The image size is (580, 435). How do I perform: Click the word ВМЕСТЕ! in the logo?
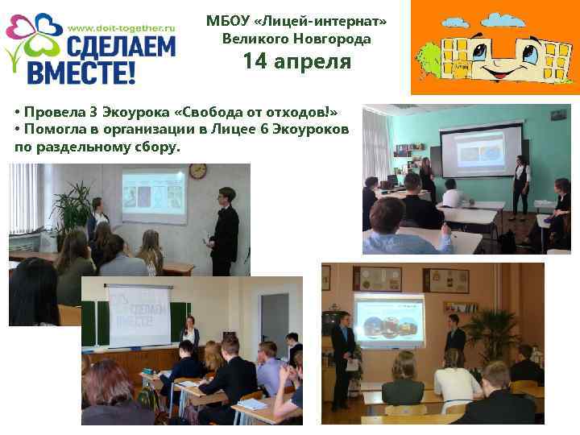click(83, 72)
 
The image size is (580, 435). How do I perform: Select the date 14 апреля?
click(297, 62)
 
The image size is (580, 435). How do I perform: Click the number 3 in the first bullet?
click(94, 112)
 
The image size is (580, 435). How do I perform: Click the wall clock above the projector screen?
click(197, 172)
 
